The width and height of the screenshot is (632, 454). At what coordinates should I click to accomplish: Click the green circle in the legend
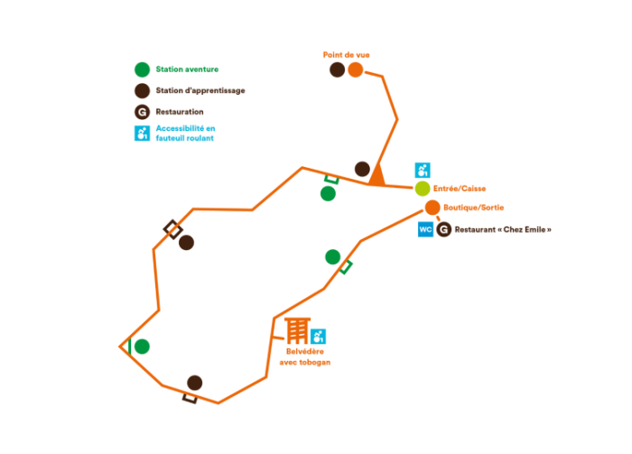pos(142,69)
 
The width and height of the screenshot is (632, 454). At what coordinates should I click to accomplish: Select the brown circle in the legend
pos(142,90)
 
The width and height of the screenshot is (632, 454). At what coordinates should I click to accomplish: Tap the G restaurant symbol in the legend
pos(142,112)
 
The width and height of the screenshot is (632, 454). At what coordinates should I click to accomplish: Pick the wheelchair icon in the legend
pos(142,134)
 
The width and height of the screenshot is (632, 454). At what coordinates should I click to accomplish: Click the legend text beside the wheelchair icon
pos(185,134)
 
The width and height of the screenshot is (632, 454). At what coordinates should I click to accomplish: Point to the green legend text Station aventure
pos(187,69)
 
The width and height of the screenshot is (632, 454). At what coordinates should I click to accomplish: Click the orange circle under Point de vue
pos(355,69)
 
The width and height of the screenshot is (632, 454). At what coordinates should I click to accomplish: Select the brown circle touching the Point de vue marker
pos(337,69)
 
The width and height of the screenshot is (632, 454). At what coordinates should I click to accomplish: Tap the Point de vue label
pos(346,54)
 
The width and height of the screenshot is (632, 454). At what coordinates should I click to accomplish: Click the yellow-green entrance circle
pos(423,189)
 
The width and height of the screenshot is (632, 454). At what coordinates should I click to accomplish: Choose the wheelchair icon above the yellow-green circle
pos(423,170)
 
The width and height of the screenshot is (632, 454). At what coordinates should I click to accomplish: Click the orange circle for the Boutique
pos(432,208)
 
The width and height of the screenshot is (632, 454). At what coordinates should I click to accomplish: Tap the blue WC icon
pos(425,229)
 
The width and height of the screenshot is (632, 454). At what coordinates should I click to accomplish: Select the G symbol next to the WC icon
pos(443,229)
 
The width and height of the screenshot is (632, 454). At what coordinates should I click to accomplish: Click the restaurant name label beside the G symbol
pos(502,229)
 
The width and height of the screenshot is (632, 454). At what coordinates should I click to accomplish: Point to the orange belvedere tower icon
pos(297,329)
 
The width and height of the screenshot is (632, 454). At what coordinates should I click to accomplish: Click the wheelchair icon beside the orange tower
pos(318,337)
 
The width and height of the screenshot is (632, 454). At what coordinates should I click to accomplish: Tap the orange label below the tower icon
pos(304,357)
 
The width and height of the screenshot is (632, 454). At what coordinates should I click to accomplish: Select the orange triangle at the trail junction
pos(376,175)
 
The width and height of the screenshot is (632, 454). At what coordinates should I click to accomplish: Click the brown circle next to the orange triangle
pos(362,169)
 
